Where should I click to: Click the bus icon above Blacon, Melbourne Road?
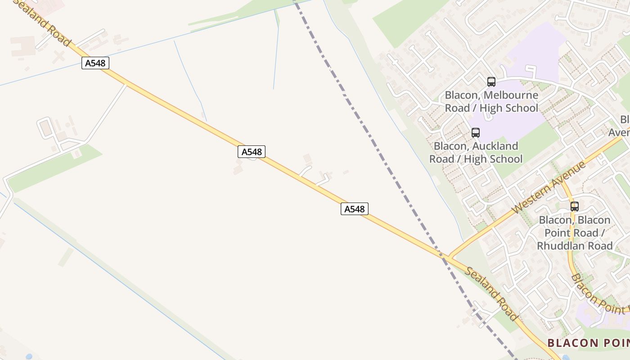pyautogui.click(x=491, y=82)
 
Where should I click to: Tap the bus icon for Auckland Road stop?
pyautogui.click(x=476, y=133)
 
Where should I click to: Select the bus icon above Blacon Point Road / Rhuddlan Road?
pyautogui.click(x=575, y=207)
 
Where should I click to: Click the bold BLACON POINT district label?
pyautogui.click(x=587, y=343)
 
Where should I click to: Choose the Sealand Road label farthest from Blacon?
pyautogui.click(x=43, y=22)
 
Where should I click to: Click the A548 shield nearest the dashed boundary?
pyautogui.click(x=355, y=209)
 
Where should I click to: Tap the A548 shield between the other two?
pyautogui.click(x=252, y=152)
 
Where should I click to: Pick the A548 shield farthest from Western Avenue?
pyautogui.click(x=95, y=63)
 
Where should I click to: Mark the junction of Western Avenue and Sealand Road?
pyautogui.click(x=447, y=258)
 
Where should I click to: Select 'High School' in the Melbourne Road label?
pyautogui.click(x=508, y=108)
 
